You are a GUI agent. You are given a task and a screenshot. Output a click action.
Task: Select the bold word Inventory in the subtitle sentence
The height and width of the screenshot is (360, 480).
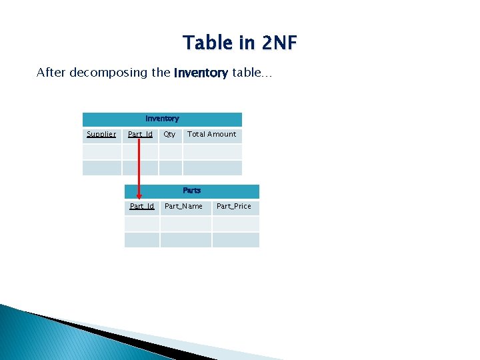tap(201, 73)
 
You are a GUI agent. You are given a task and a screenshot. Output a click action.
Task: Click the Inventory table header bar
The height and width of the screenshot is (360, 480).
tap(162, 119)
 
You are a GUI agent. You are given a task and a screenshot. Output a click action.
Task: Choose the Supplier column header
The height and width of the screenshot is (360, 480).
tap(101, 135)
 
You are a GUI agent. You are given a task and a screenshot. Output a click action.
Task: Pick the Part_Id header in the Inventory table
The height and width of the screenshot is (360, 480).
tap(140, 135)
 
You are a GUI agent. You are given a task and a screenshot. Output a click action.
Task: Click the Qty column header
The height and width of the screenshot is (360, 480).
tap(170, 135)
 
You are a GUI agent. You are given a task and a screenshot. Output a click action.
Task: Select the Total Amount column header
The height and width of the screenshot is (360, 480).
tap(212, 135)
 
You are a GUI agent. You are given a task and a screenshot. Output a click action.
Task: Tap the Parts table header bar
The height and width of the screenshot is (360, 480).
tap(192, 191)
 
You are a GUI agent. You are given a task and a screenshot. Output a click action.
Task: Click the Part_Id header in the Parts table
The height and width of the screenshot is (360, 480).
tap(142, 207)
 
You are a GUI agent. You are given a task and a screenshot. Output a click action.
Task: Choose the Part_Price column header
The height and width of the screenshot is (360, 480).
tap(234, 207)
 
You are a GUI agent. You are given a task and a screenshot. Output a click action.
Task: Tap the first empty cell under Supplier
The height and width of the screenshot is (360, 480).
tap(101, 152)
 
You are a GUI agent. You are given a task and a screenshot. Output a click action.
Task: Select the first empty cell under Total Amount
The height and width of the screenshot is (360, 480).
tap(212, 152)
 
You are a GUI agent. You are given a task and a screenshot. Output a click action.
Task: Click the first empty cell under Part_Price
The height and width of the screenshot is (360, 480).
tap(235, 224)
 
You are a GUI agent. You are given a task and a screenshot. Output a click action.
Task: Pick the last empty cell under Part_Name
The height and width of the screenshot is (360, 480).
tap(186, 240)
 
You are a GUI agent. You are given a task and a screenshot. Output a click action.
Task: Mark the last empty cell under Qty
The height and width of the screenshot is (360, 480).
tap(170, 167)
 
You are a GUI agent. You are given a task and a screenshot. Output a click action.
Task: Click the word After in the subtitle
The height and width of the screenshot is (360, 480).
tap(50, 73)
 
